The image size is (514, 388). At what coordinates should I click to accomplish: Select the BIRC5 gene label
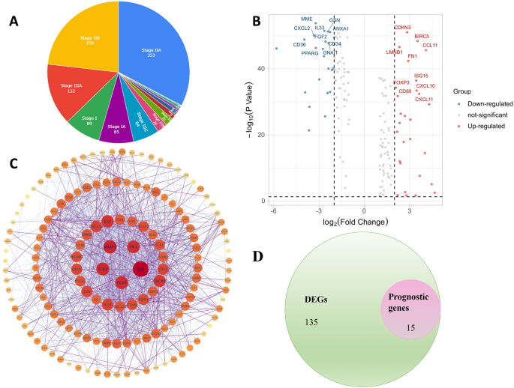point(422,36)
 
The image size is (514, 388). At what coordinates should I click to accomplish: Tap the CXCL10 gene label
point(425,86)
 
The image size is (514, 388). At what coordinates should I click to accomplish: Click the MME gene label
point(307,19)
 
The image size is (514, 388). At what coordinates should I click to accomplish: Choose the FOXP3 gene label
point(401,82)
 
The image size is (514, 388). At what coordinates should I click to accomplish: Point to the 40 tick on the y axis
point(262,69)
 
